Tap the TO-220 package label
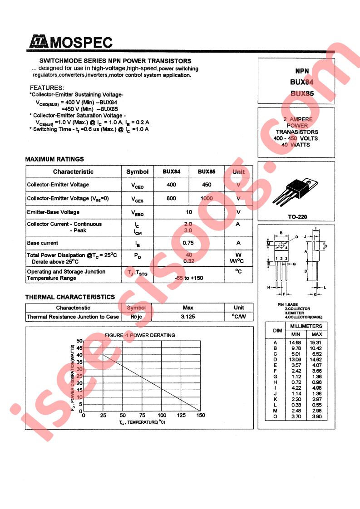click(x=297, y=216)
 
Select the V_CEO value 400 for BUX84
click(x=171, y=185)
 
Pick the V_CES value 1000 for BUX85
click(x=207, y=199)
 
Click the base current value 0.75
click(x=188, y=243)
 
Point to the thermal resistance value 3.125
click(x=188, y=317)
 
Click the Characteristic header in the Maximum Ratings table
click(x=73, y=171)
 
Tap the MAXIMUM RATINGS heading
click(x=54, y=159)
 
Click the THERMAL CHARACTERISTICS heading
click(x=70, y=297)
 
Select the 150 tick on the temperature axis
click(x=201, y=415)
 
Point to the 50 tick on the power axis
click(x=79, y=341)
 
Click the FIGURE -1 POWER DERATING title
click(x=140, y=335)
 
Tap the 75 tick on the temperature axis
click(x=142, y=415)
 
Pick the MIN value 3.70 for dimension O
click(x=296, y=416)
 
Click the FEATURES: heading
click(x=47, y=88)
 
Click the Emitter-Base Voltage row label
click(x=53, y=212)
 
